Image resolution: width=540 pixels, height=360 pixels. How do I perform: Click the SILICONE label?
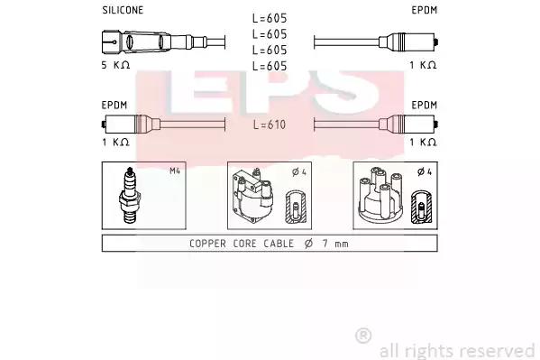click(123, 10)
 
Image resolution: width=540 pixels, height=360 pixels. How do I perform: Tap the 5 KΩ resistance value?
click(115, 65)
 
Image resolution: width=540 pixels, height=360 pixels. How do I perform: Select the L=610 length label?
click(270, 125)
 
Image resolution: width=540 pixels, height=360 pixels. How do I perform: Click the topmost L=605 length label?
click(270, 18)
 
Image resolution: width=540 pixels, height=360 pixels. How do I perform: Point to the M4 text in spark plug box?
click(175, 171)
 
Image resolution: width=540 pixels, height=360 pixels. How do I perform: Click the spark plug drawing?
click(130, 196)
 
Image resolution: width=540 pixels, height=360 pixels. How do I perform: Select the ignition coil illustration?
click(252, 196)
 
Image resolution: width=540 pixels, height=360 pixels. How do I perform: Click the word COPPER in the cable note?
click(207, 244)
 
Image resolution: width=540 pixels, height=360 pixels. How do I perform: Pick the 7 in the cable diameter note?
click(325, 244)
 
